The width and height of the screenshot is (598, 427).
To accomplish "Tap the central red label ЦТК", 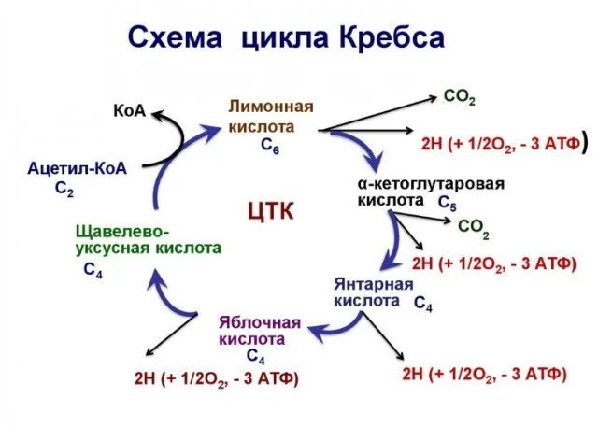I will click(x=272, y=210).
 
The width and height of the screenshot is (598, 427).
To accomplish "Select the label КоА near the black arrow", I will click(x=129, y=110).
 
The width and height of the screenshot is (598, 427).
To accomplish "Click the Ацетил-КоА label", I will click(x=77, y=167).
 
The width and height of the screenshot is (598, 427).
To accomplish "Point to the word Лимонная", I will click(x=271, y=106).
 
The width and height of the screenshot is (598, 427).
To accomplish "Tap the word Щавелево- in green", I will click(x=122, y=230).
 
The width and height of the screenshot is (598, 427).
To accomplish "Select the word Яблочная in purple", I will click(x=260, y=322).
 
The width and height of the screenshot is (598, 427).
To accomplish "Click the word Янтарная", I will click(x=374, y=283).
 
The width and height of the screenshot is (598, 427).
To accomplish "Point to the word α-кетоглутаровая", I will click(x=432, y=183).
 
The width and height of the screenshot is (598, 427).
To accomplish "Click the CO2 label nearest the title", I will click(x=459, y=97).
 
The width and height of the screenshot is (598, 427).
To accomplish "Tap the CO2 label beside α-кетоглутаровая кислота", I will click(x=473, y=226).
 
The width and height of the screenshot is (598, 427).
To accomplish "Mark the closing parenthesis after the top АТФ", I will click(x=583, y=144).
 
